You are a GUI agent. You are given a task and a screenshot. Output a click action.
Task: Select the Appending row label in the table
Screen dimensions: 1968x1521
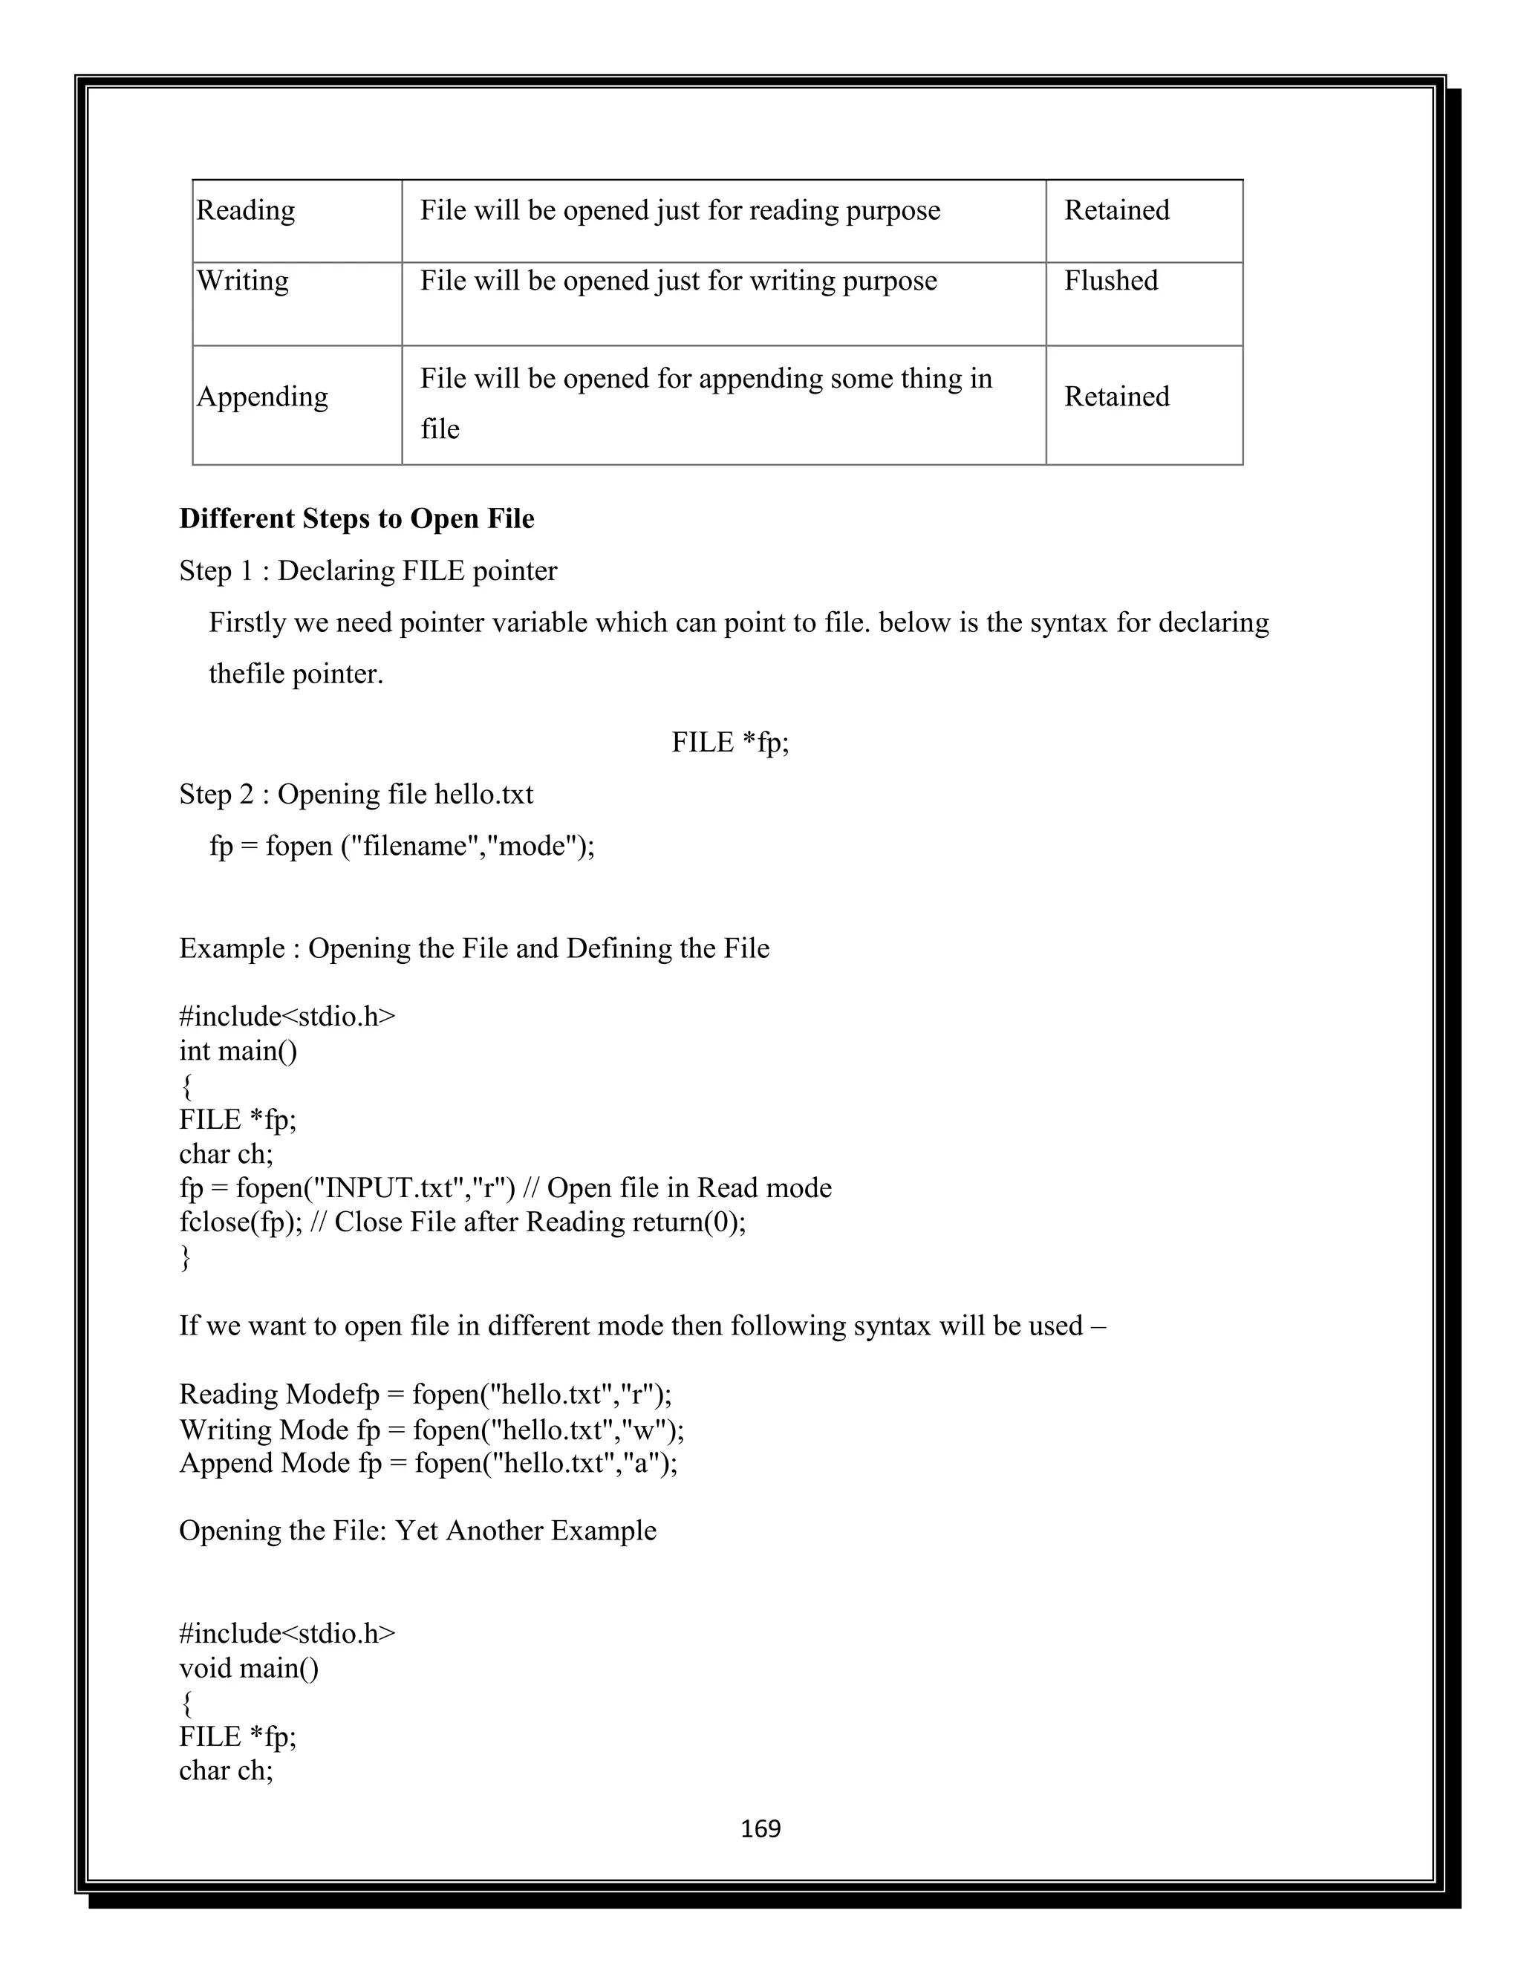click(x=262, y=397)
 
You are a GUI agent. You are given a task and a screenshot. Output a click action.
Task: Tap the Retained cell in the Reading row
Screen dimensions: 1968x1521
click(x=1116, y=210)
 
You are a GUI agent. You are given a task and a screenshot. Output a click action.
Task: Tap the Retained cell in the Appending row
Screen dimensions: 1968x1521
click(x=1116, y=397)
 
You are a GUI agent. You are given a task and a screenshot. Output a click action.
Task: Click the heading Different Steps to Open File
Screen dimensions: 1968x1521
click(x=356, y=518)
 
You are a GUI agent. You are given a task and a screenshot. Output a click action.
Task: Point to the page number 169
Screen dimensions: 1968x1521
click(x=760, y=1828)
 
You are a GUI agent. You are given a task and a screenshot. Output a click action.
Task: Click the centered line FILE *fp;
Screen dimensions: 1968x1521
click(x=730, y=742)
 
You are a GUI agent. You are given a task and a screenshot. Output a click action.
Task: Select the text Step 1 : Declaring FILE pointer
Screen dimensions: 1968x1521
click(x=368, y=570)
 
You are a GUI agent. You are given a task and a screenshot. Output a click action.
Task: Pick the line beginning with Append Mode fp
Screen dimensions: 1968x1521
click(x=428, y=1462)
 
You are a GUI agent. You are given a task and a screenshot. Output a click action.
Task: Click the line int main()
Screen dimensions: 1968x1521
click(x=238, y=1051)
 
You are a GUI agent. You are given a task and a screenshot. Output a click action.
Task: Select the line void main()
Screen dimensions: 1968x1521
click(x=249, y=1668)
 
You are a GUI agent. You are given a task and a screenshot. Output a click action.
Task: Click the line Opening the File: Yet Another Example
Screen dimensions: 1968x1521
click(x=417, y=1530)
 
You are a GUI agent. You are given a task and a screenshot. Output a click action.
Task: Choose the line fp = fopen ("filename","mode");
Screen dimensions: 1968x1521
click(x=402, y=845)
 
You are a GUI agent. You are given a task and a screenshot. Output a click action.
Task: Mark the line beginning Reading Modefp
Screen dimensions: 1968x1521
click(x=426, y=1394)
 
